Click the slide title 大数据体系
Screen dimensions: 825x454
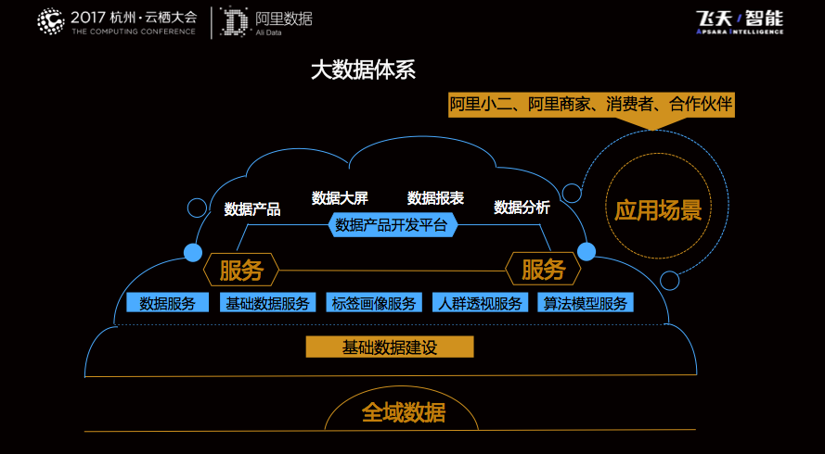pyautogui.click(x=363, y=70)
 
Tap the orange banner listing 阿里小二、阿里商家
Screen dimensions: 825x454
pyautogui.click(x=591, y=105)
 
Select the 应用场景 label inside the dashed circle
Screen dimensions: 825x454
pyautogui.click(x=658, y=210)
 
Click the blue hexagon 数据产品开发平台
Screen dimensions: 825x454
pyautogui.click(x=392, y=226)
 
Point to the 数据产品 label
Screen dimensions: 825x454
pyautogui.click(x=252, y=209)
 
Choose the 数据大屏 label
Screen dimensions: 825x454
pyautogui.click(x=340, y=198)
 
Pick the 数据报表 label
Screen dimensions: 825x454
pyautogui.click(x=435, y=198)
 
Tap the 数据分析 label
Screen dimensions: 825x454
pyautogui.click(x=522, y=208)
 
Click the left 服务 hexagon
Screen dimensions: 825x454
pyautogui.click(x=241, y=271)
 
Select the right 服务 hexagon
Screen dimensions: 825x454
pyautogui.click(x=543, y=271)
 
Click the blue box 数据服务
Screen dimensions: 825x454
pyautogui.click(x=167, y=303)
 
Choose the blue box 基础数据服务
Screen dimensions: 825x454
pyautogui.click(x=268, y=303)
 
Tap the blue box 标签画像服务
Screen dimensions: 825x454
pyautogui.click(x=374, y=303)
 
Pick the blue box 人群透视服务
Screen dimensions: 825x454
pyautogui.click(x=480, y=303)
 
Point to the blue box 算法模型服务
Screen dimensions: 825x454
pyautogui.click(x=585, y=303)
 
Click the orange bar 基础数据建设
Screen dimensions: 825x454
pyautogui.click(x=390, y=347)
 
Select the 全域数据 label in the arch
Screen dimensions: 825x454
pyautogui.click(x=404, y=413)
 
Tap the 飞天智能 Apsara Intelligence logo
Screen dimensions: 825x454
pyautogui.click(x=740, y=22)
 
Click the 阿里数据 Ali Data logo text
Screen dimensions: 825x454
pyautogui.click(x=284, y=22)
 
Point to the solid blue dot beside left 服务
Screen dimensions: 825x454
pyautogui.click(x=193, y=253)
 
